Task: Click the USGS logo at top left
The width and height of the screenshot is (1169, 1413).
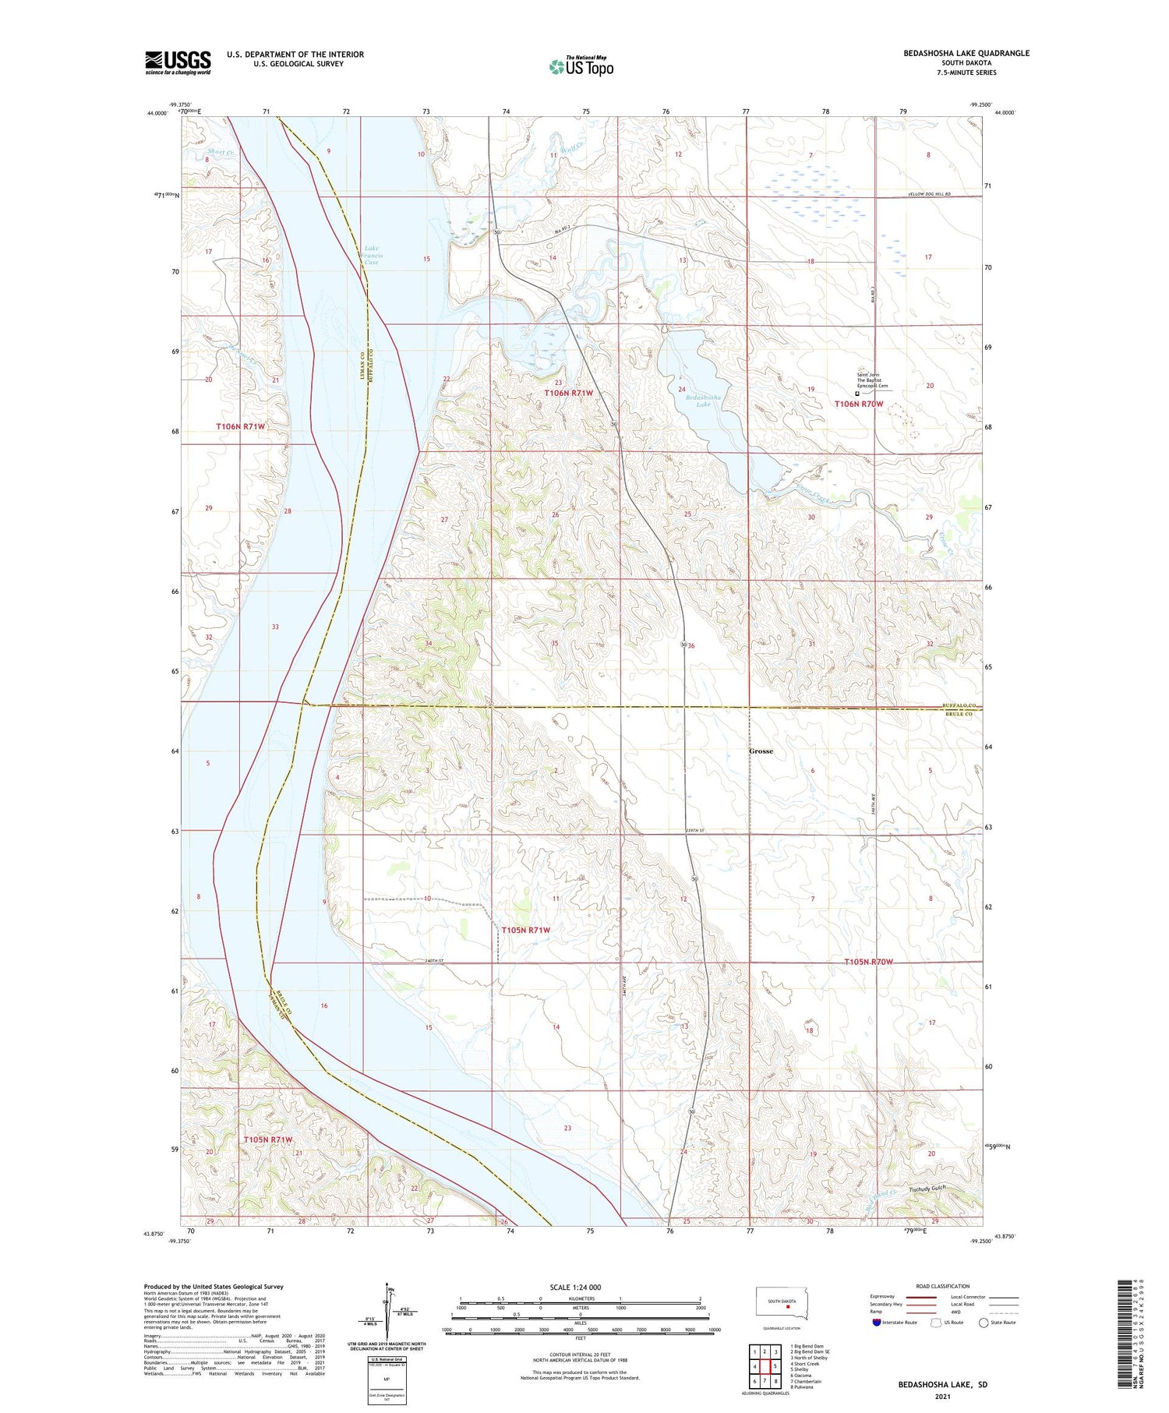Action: [x=178, y=62]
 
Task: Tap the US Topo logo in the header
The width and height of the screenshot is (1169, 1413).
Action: [x=581, y=67]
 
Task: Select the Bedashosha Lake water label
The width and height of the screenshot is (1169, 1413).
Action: [x=703, y=401]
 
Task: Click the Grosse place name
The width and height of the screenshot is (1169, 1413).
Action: [x=761, y=751]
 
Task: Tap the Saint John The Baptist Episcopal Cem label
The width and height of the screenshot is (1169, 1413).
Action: [x=872, y=380]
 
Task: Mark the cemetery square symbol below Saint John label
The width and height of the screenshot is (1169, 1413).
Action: [x=858, y=394]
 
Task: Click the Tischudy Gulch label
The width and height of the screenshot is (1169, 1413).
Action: [x=927, y=1189]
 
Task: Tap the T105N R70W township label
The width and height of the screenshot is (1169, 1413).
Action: [x=868, y=962]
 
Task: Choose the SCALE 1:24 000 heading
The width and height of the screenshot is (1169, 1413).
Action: [x=580, y=1287]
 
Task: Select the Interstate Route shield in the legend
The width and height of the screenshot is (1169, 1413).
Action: [x=877, y=1323]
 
